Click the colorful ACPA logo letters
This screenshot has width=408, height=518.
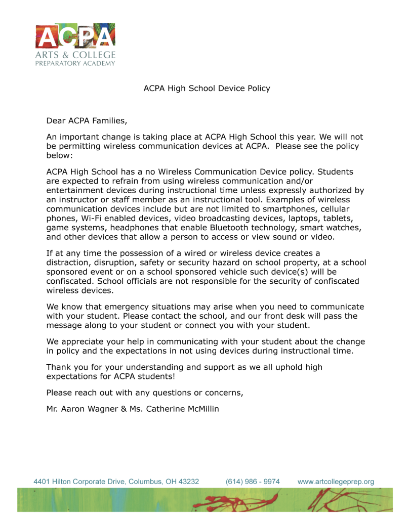point(75,37)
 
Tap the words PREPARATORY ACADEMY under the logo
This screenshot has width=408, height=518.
point(75,63)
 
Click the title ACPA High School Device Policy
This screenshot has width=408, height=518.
point(207,89)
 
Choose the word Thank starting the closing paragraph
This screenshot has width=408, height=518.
point(58,367)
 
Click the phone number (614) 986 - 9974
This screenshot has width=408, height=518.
point(253,482)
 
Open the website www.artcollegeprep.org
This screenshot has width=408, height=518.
point(336,482)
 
